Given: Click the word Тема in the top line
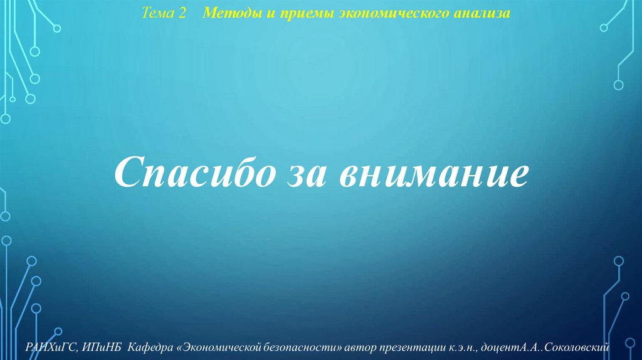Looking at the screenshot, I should click(x=157, y=14).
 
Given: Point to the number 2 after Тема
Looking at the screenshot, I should click(x=183, y=14).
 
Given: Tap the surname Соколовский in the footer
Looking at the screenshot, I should click(x=582, y=347).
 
